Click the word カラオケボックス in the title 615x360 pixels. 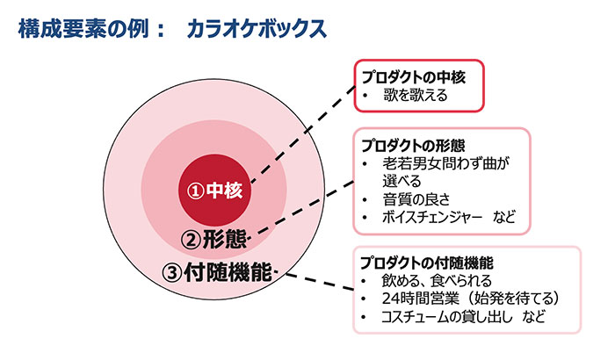click(257, 29)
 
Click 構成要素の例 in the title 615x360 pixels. click(83, 29)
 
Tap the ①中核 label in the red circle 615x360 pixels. click(214, 191)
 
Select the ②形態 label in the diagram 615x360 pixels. click(214, 239)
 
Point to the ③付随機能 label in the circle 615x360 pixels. click(217, 272)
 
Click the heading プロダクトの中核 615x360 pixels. click(414, 77)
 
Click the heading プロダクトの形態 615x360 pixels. click(413, 146)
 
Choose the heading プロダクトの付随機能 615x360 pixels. click(427, 263)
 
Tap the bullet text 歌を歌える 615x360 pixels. click(416, 96)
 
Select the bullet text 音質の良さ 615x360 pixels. click(416, 199)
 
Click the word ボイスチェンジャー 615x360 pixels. click(432, 217)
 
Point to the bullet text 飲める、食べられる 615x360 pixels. click(437, 281)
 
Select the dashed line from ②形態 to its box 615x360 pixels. click(301, 209)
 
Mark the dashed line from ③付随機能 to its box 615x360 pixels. click(319, 282)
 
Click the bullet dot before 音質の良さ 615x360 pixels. click(365, 200)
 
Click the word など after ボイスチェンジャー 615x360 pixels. click(505, 217)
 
